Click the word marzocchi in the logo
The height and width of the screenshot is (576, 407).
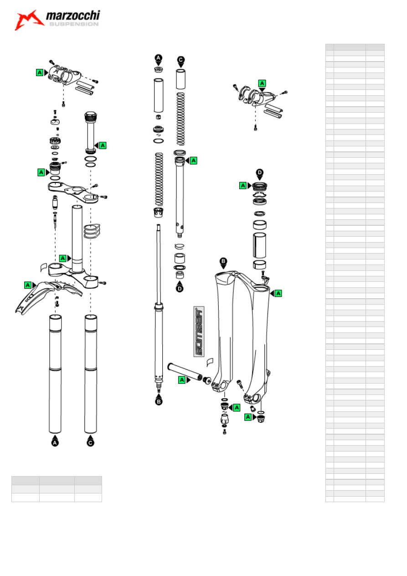coord(73,16)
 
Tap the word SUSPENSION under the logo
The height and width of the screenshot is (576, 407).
coord(74,24)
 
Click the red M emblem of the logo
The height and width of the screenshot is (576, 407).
coord(29,20)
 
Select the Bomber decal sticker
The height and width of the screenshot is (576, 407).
coord(199,332)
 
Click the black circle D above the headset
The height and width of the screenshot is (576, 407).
coord(260,172)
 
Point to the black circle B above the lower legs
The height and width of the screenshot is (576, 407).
coord(223,261)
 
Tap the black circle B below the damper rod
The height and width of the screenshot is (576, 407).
coord(159,401)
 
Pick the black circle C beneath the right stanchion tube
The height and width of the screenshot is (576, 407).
coord(90,442)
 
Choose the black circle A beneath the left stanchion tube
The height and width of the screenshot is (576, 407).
coord(55,442)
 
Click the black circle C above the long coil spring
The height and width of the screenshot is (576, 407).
coord(181,60)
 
